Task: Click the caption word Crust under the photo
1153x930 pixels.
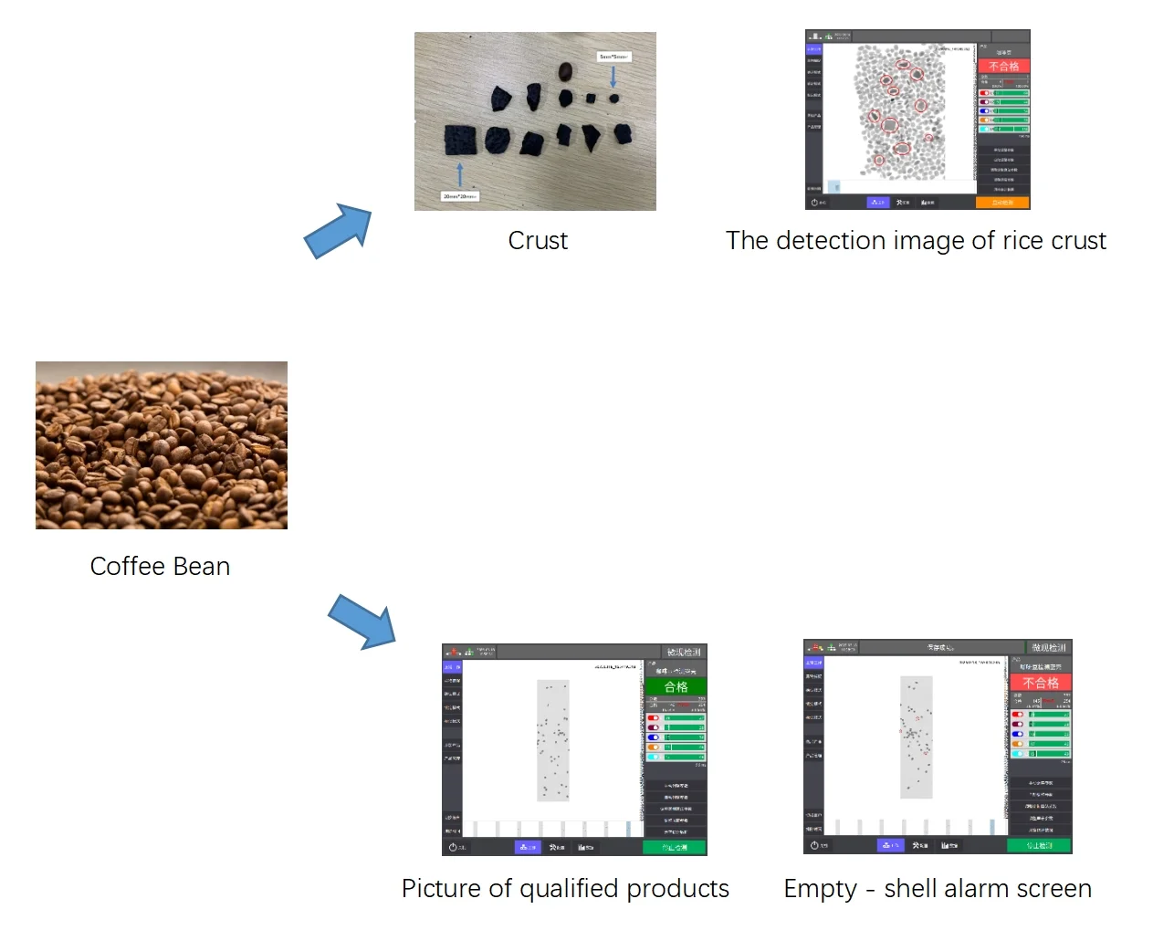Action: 538,241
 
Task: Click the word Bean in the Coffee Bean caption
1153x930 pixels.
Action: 202,567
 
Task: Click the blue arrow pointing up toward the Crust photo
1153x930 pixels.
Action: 338,231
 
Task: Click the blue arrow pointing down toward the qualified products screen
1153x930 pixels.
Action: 362,622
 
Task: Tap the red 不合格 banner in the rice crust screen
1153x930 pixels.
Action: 1003,67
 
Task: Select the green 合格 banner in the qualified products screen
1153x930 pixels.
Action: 676,687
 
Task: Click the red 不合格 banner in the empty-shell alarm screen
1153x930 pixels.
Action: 1041,683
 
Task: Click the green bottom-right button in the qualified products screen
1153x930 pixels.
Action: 675,847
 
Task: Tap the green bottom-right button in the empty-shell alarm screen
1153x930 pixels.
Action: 1039,845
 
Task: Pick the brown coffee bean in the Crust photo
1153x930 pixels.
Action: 566,71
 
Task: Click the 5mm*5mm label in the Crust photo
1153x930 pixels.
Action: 613,57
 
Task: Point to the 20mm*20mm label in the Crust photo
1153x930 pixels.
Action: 459,196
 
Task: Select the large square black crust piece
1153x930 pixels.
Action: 460,141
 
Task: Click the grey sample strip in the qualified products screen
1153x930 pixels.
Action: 552,740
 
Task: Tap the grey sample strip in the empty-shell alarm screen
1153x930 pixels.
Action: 916,737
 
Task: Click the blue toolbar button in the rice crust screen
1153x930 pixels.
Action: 877,202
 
